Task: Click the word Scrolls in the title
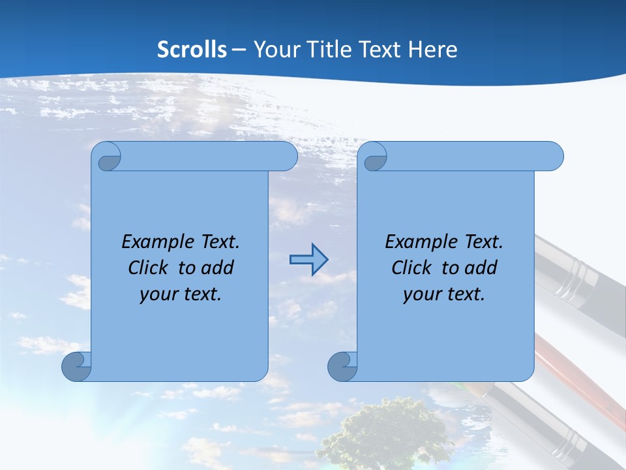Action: [192, 49]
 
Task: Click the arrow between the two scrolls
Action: [308, 260]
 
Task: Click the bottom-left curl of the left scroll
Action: [76, 366]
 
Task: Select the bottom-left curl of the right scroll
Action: [342, 366]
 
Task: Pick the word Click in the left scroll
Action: [151, 268]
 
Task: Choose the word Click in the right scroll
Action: [413, 268]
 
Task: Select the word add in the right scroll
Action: [481, 268]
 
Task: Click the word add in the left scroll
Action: [218, 268]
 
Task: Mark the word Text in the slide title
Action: [381, 49]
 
